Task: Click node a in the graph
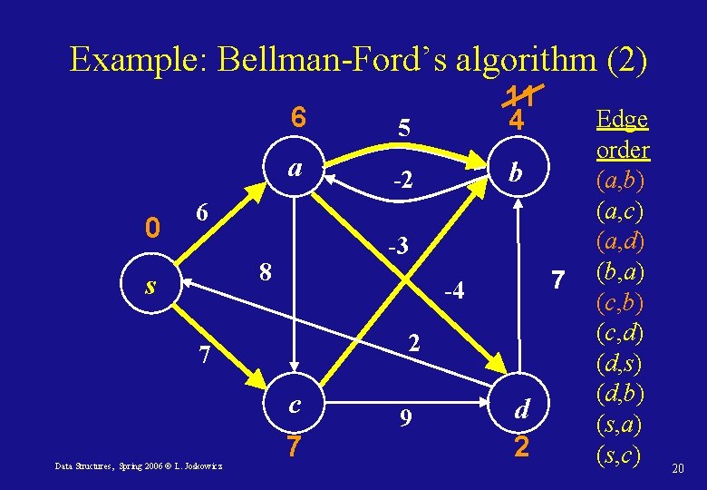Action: [x=295, y=170]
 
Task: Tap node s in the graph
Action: [x=151, y=286]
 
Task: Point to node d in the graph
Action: [x=520, y=410]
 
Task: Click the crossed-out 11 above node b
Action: [x=518, y=93]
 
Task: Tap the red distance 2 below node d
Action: [x=520, y=448]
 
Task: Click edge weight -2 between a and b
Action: [x=402, y=181]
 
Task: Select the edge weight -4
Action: [x=453, y=291]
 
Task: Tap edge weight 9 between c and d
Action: [x=406, y=419]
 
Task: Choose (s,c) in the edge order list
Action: [x=622, y=454]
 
